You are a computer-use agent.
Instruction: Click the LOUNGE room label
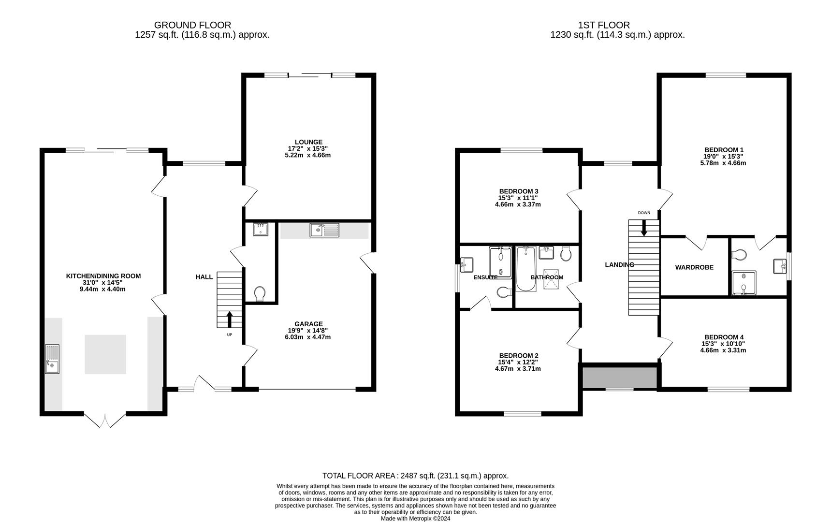pyautogui.click(x=308, y=142)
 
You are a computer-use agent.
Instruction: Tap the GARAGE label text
pyautogui.click(x=308, y=324)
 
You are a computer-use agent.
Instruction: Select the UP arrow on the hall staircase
pyautogui.click(x=229, y=319)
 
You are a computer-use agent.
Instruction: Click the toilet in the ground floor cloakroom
pyautogui.click(x=260, y=293)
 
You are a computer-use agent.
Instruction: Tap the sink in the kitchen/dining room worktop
pyautogui.click(x=52, y=359)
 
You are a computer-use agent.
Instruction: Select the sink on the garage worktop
pyautogui.click(x=324, y=230)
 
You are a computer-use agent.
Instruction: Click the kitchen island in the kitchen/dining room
pyautogui.click(x=105, y=354)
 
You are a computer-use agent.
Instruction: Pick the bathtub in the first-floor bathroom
pyautogui.click(x=525, y=269)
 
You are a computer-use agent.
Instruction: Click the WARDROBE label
pyautogui.click(x=694, y=267)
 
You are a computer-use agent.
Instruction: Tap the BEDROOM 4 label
pyautogui.click(x=724, y=337)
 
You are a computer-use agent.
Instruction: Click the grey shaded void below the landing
pyautogui.click(x=620, y=377)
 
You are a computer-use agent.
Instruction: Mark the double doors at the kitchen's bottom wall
pyautogui.click(x=105, y=420)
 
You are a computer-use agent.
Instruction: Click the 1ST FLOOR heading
pyautogui.click(x=604, y=25)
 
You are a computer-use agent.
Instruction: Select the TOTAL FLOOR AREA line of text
pyautogui.click(x=415, y=476)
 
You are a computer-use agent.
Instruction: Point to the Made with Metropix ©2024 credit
pyautogui.click(x=415, y=519)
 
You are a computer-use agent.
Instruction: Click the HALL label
pyautogui.click(x=204, y=277)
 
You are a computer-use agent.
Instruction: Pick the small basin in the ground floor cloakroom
pyautogui.click(x=260, y=229)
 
